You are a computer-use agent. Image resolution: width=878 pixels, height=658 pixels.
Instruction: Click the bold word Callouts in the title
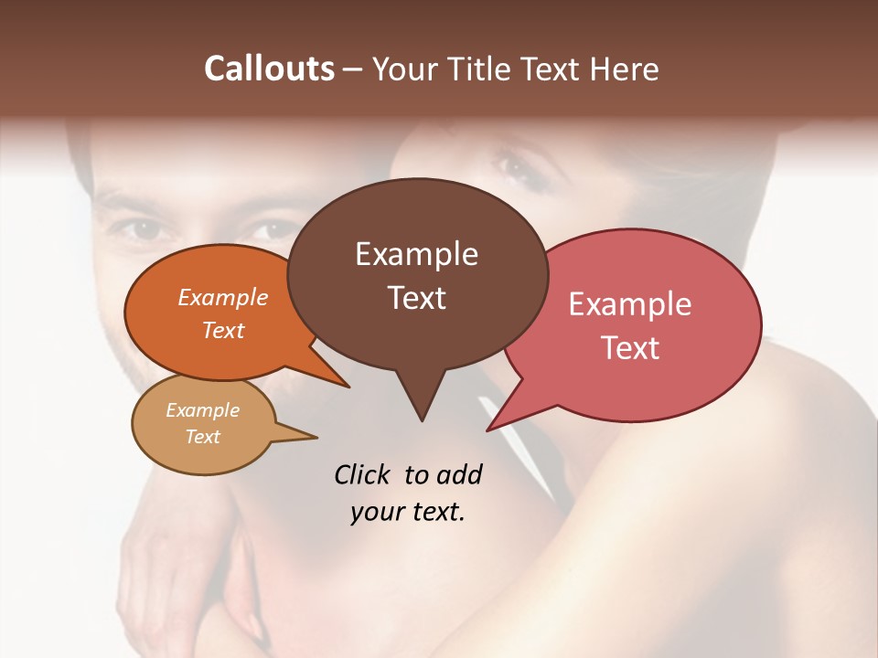[269, 69]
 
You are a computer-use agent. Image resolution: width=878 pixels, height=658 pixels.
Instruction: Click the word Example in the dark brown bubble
[416, 253]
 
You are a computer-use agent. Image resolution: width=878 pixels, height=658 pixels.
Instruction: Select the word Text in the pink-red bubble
[630, 347]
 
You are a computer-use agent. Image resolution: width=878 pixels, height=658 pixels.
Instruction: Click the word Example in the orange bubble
[223, 297]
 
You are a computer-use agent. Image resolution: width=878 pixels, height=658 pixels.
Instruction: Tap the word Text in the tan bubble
[202, 437]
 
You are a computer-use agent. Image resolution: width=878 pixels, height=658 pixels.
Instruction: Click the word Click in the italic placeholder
[363, 474]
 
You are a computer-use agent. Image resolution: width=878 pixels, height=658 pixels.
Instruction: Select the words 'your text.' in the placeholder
[408, 512]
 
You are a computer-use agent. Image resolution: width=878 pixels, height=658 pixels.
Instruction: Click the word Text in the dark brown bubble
[416, 298]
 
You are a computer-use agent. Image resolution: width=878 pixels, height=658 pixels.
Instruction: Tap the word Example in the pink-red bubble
[630, 303]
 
